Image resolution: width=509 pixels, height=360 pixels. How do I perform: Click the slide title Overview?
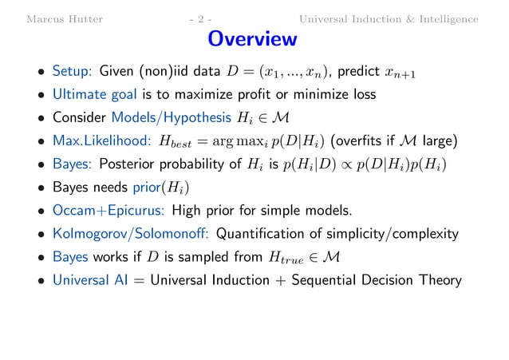(252, 39)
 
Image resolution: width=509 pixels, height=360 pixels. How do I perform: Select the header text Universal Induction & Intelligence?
(389, 18)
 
